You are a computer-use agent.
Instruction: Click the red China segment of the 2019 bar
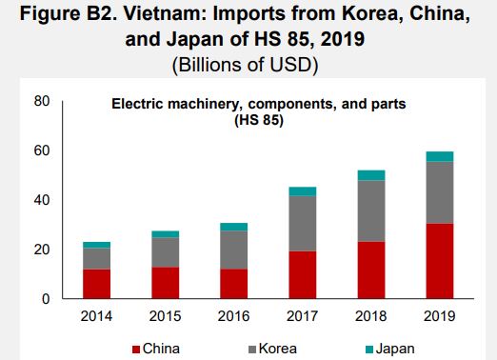coord(439,261)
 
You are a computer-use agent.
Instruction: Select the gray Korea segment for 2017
coord(303,223)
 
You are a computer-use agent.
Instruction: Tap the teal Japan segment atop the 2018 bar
coord(371,175)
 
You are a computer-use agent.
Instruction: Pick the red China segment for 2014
coord(97,284)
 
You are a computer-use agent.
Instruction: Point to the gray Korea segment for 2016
coord(234,250)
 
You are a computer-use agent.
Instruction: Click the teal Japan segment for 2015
coord(166,233)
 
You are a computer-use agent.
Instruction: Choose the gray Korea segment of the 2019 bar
coord(439,192)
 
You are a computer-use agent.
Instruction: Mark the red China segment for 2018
coord(371,270)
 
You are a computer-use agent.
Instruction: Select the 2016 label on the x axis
coord(234,316)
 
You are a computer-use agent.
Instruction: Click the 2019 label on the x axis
coord(439,316)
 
